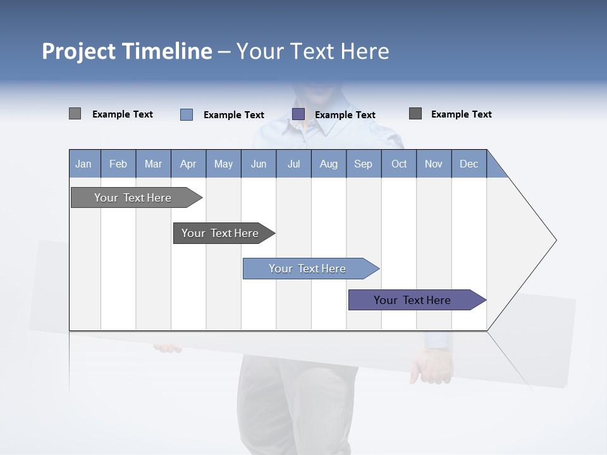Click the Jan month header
coord(84,164)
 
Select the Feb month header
coord(118,164)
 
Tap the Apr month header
coord(188,164)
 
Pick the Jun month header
coord(259,164)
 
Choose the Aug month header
coord(329,164)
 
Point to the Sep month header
coord(364,164)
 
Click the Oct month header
coord(399,164)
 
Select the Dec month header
coord(469,164)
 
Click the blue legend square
coord(187,114)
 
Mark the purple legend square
coord(298,114)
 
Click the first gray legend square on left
coord(75,114)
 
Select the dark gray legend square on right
coord(415,114)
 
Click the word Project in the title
coord(79,51)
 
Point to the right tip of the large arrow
coord(555,240)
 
